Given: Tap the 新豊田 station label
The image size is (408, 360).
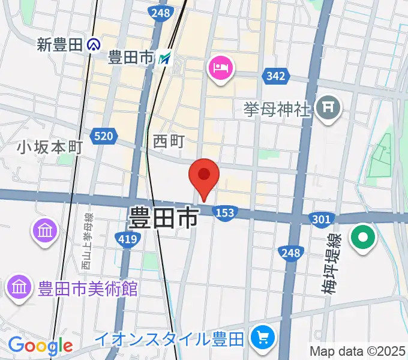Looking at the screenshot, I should [x=59, y=44].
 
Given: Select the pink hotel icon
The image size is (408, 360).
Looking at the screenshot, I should [x=220, y=67].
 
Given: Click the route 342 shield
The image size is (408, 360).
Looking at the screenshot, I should [x=275, y=76].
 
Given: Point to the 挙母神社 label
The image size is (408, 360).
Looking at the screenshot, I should [x=277, y=109].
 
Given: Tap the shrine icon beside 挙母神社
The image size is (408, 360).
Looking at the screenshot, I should [x=329, y=109].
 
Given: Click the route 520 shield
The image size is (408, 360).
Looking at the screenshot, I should [x=103, y=137].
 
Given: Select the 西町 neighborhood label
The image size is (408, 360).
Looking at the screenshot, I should [x=168, y=141].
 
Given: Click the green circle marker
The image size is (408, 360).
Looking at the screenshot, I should [x=363, y=237].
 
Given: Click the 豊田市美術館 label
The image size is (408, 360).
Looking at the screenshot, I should [x=88, y=289].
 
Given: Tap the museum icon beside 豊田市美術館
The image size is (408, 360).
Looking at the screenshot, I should [x=19, y=288].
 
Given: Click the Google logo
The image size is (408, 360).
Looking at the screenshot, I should [x=40, y=346].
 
